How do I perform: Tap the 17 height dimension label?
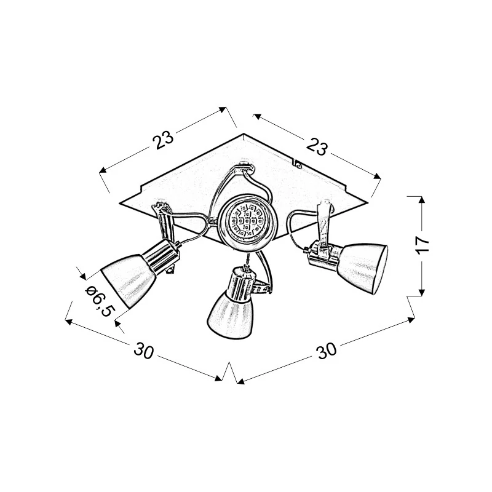(x=423, y=242)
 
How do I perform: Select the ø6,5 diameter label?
(x=100, y=301)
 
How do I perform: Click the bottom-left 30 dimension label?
(x=144, y=350)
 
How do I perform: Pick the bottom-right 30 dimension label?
(x=327, y=351)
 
